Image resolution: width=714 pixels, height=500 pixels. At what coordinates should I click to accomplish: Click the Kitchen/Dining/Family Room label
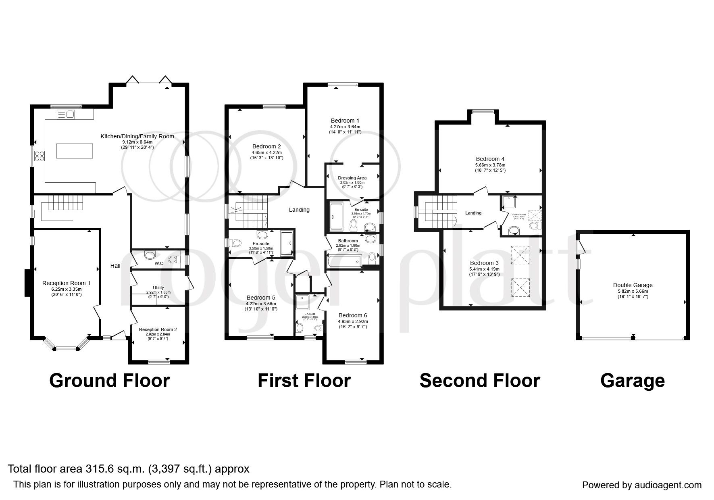(x=137, y=136)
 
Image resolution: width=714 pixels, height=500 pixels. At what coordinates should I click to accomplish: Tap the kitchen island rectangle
(x=75, y=151)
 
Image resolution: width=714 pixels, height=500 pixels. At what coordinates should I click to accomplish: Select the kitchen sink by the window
(x=66, y=115)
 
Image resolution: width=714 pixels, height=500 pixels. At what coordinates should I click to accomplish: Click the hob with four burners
(x=40, y=155)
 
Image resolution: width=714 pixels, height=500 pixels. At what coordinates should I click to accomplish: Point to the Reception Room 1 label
(x=66, y=283)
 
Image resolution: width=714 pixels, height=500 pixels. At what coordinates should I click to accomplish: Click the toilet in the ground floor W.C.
(x=175, y=259)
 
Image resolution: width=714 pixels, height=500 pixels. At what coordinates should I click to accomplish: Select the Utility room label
(x=158, y=287)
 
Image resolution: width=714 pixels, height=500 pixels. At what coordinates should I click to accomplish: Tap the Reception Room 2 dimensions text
(x=158, y=336)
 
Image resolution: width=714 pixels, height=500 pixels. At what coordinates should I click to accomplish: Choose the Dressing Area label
(x=352, y=178)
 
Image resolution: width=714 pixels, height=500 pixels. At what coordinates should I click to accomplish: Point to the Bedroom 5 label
(x=260, y=298)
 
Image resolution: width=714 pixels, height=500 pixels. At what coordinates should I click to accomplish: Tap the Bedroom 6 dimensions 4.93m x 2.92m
(x=353, y=321)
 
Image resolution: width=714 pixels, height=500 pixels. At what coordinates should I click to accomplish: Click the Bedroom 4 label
(x=490, y=159)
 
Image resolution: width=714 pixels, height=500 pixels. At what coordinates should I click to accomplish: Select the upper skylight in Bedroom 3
(x=520, y=254)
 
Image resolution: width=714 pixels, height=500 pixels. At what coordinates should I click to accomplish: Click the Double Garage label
(x=633, y=285)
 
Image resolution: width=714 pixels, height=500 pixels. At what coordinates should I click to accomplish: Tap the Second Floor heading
(x=479, y=381)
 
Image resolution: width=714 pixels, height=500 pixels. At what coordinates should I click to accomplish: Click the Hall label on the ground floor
(x=115, y=266)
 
